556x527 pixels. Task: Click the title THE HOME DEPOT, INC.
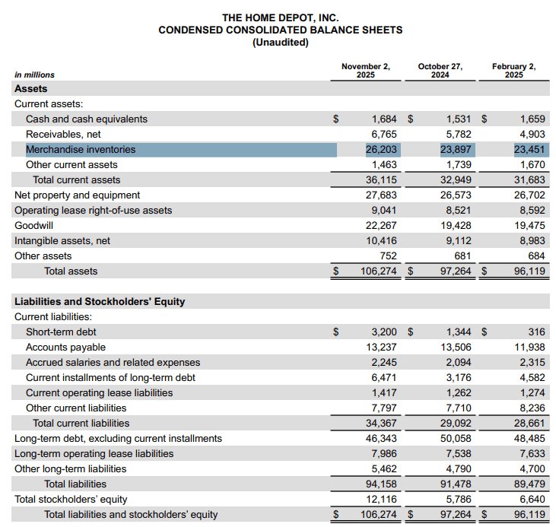(280, 17)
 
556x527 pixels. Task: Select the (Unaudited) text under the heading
(280, 43)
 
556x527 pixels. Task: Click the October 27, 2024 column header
(440, 70)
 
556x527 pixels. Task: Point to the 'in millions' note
(35, 75)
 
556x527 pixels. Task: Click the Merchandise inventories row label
(81, 150)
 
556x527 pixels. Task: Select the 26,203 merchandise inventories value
(382, 150)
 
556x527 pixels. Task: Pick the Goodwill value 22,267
(382, 226)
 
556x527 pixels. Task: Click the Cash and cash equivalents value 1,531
(456, 119)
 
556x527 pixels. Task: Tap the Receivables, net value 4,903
(532, 135)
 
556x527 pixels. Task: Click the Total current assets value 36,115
(382, 180)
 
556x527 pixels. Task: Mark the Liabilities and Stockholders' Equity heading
(100, 302)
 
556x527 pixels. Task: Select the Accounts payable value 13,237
(382, 348)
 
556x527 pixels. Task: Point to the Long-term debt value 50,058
(456, 439)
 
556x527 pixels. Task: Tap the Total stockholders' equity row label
(71, 500)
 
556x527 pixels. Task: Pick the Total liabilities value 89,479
(530, 484)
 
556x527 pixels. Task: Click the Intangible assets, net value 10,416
(382, 241)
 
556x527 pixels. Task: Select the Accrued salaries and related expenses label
(113, 363)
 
